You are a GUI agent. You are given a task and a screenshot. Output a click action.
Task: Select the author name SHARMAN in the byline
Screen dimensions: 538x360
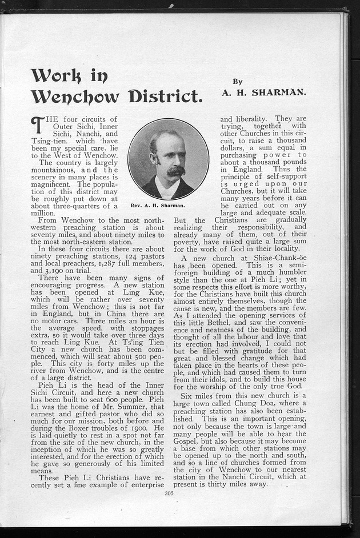click(x=282, y=92)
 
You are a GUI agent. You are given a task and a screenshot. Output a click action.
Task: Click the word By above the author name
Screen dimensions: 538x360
click(x=238, y=82)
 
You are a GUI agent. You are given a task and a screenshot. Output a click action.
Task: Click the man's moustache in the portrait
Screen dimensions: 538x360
click(x=175, y=170)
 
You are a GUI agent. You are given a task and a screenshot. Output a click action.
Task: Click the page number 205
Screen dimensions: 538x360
click(x=169, y=493)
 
